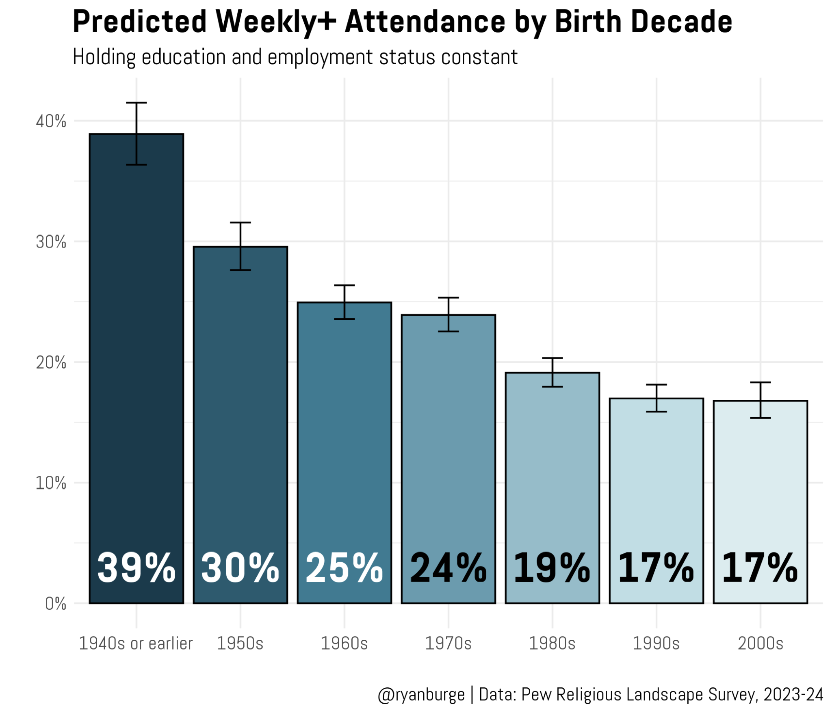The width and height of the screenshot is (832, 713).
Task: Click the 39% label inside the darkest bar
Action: pyautogui.click(x=136, y=568)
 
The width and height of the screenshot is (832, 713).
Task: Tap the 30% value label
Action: pyautogui.click(x=240, y=568)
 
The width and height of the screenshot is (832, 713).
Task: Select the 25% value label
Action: pyautogui.click(x=344, y=568)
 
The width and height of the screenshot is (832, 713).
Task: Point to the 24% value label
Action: pyautogui.click(x=448, y=568)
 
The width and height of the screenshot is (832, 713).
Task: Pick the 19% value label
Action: pyautogui.click(x=552, y=568)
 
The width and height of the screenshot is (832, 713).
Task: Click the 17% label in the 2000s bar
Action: pyautogui.click(x=760, y=568)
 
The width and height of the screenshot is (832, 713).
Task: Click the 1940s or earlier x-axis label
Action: pyautogui.click(x=136, y=644)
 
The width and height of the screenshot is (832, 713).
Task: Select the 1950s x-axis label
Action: pyautogui.click(x=240, y=644)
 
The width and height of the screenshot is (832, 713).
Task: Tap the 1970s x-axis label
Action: pyautogui.click(x=448, y=644)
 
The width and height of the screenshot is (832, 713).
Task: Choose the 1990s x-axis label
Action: pyautogui.click(x=656, y=644)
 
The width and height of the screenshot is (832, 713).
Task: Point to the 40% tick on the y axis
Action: pyautogui.click(x=51, y=121)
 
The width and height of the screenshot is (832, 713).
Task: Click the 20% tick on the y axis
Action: pyautogui.click(x=51, y=362)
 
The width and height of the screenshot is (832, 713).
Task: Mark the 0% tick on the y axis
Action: pyautogui.click(x=56, y=604)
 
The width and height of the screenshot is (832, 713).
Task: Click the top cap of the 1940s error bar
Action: pyautogui.click(x=136, y=103)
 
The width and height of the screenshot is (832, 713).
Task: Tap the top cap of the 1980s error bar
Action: pyautogui.click(x=552, y=358)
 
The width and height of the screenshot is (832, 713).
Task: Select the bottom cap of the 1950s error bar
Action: pyautogui.click(x=240, y=270)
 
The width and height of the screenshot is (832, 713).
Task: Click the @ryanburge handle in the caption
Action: pyautogui.click(x=421, y=694)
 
